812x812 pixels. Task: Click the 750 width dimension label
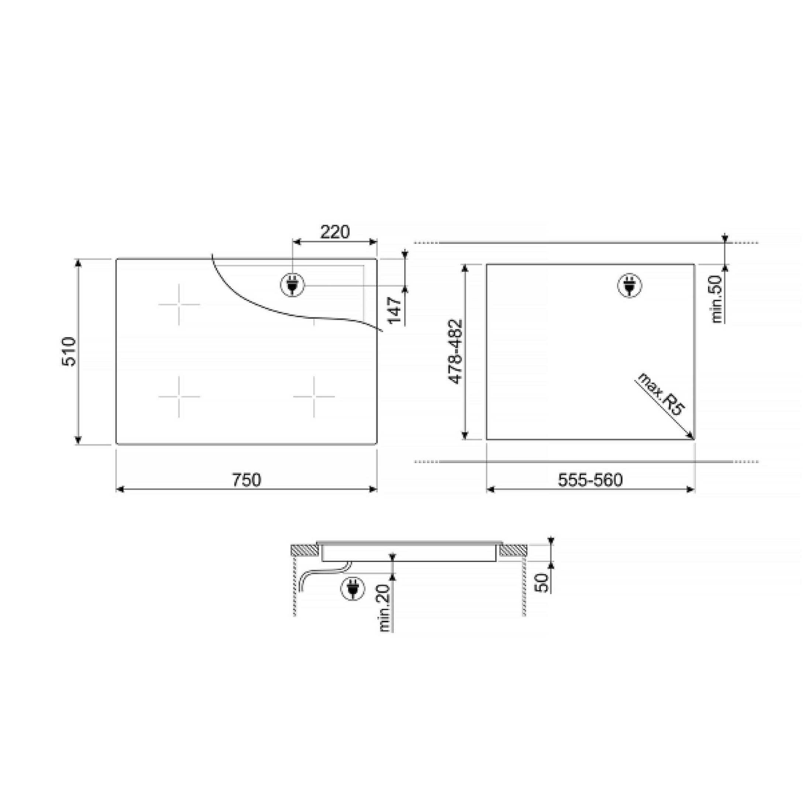247,480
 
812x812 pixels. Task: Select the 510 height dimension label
69,351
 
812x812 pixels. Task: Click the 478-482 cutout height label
455,351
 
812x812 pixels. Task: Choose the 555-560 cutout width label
590,480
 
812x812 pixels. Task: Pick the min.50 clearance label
717,299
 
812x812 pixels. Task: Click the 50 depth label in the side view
543,582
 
